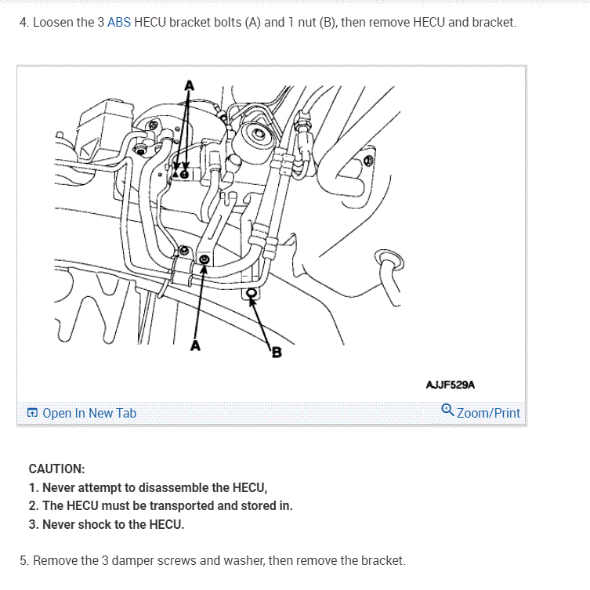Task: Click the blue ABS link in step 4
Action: [x=119, y=22]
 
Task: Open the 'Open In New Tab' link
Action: [x=89, y=413]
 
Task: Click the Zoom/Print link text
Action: [x=488, y=413]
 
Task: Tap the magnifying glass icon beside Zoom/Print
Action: [x=447, y=410]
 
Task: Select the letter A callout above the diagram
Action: [x=190, y=85]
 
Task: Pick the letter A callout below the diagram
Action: [x=195, y=345]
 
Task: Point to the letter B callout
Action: [x=277, y=353]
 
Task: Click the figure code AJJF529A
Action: [x=451, y=385]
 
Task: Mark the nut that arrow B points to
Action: [x=252, y=293]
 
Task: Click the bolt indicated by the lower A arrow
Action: [x=205, y=259]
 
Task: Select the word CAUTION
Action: [x=57, y=469]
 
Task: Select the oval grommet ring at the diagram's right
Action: [x=389, y=260]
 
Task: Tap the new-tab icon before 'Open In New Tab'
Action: [x=32, y=413]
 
